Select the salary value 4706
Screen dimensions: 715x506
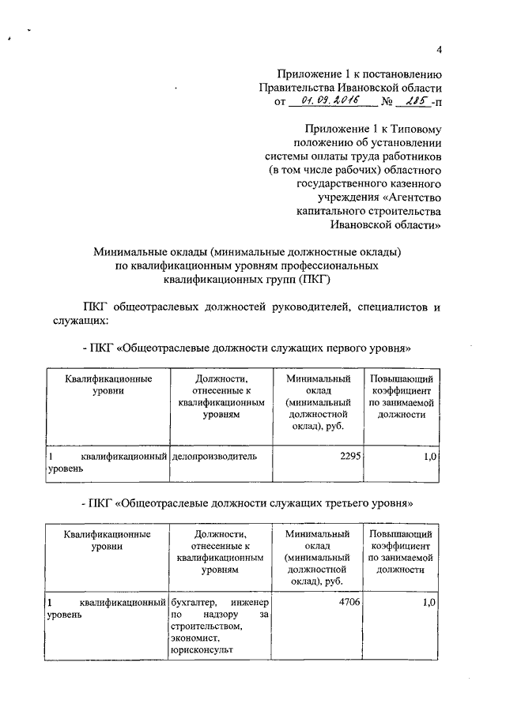pos(336,602)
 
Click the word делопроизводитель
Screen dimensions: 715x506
pos(210,457)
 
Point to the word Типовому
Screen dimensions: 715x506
pos(415,129)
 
